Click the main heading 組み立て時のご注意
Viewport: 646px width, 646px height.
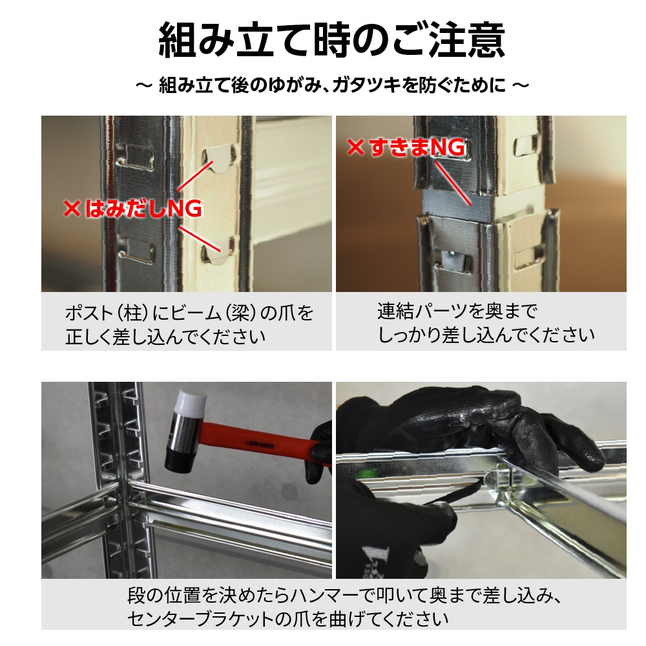point(331,40)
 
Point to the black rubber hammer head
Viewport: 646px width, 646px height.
point(180,458)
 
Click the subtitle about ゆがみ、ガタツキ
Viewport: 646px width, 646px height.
point(332,85)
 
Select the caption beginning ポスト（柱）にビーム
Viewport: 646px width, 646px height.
point(189,325)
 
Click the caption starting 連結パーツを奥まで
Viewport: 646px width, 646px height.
point(486,322)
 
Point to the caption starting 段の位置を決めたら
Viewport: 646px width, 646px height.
point(344,607)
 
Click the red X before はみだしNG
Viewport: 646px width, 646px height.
point(72,209)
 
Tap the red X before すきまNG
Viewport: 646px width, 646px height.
point(355,147)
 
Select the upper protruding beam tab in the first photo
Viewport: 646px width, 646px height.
point(218,159)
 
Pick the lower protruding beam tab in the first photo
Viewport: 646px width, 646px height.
point(217,252)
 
